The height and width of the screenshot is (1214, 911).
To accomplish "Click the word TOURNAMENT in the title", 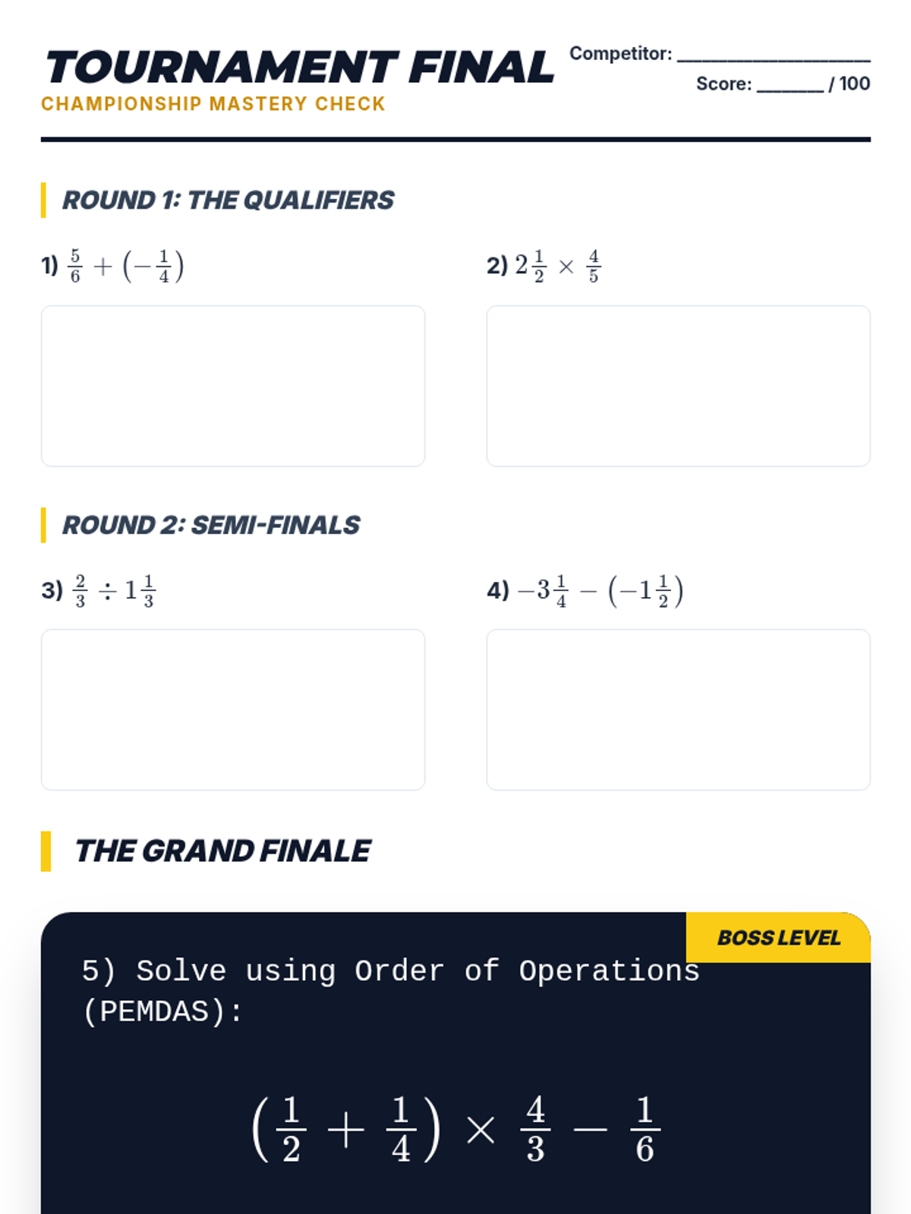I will coord(222,68).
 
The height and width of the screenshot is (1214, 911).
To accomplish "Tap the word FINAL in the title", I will coord(481,68).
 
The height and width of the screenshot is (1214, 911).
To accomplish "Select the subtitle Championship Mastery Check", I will coord(213,104).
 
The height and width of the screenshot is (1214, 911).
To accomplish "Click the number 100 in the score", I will coord(854,83).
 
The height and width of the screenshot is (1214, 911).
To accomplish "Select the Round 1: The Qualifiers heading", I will coord(228,200).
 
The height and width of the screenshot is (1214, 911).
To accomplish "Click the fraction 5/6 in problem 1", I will coord(75,266).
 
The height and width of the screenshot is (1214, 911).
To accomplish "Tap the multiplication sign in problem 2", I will coord(566,266).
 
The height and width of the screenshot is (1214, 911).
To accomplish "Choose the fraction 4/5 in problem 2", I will coord(594,266).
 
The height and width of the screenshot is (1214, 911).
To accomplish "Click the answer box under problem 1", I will coord(233,385).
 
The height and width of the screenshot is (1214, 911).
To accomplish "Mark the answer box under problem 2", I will coord(678,385).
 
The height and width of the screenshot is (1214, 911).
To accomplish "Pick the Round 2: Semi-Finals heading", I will coord(211,525).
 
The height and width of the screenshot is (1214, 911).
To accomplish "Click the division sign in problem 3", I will coord(107,590).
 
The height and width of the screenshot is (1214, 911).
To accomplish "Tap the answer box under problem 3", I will coord(233,709).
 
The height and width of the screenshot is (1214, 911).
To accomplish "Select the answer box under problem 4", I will coord(678,709).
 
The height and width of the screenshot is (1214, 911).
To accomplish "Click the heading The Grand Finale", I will coord(222,851).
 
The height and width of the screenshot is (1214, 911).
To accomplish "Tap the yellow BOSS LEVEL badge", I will coord(778,938).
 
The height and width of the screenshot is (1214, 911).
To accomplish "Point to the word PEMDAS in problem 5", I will coord(154,1011).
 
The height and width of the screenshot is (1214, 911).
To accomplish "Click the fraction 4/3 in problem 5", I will coord(535,1129).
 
